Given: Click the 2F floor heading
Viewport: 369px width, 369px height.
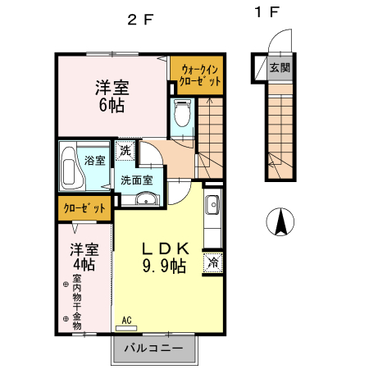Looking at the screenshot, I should [x=140, y=20].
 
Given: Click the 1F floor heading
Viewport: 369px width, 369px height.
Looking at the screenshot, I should [x=267, y=12].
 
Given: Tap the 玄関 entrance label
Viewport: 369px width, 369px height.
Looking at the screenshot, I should [x=279, y=67].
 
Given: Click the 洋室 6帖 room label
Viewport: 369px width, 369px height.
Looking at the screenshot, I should [x=111, y=93].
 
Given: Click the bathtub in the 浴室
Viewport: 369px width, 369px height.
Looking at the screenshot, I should [x=73, y=165].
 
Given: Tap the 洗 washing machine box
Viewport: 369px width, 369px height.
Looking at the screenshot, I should [x=124, y=151].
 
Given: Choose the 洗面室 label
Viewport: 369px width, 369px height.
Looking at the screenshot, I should [x=137, y=179].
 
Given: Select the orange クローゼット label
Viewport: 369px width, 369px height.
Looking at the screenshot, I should [x=85, y=209].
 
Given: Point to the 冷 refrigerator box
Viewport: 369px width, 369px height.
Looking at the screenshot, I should [x=212, y=263].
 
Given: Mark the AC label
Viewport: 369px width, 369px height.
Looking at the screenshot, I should [x=127, y=321].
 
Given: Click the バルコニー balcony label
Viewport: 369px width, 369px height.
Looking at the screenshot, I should [x=154, y=348].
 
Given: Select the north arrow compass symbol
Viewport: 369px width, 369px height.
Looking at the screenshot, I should [x=280, y=221].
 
